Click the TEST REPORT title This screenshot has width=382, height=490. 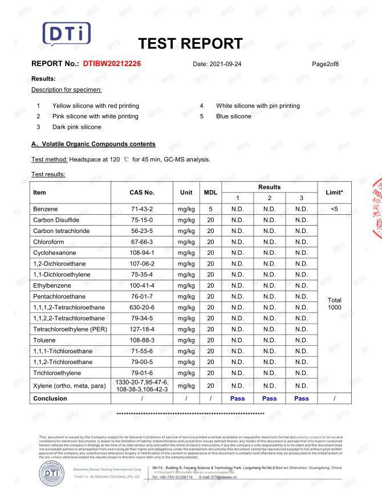tap(190, 44)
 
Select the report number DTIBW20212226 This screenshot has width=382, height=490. tap(112, 64)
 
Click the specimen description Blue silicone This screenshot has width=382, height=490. tap(233, 116)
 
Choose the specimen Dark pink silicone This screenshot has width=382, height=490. tap(76, 127)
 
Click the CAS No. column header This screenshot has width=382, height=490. tap(142, 193)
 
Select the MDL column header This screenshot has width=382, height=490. tap(210, 193)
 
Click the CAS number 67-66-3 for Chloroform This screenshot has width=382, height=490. tap(142, 242)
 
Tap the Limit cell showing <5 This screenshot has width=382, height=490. tap(334, 209)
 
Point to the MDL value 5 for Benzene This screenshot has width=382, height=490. tap(210, 209)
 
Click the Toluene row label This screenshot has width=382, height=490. tap(44, 340)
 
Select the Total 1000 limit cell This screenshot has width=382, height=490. tap(334, 303)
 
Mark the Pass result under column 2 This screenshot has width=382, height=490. tap(269, 398)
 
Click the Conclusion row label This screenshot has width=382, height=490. tap(50, 398)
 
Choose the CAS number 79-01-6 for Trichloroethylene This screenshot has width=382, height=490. tap(142, 373)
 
